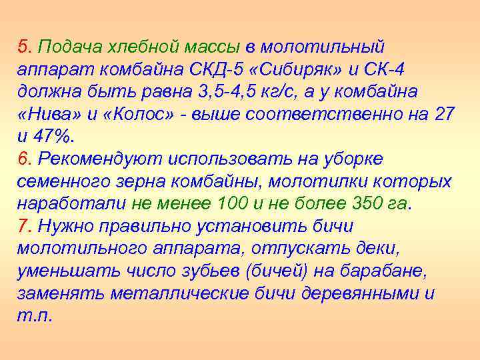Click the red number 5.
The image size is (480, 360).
[23, 47]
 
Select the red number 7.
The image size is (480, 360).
[23, 226]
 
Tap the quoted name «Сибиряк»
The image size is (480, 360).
[271, 69]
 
